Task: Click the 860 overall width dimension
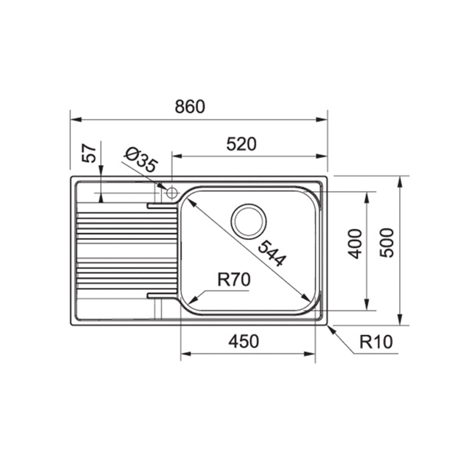pyautogui.click(x=190, y=106)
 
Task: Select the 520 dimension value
pyautogui.click(x=241, y=144)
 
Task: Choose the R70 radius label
pyautogui.click(x=234, y=280)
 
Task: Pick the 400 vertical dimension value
pyautogui.click(x=355, y=244)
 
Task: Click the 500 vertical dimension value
pyautogui.click(x=387, y=243)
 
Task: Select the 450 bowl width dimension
pyautogui.click(x=244, y=341)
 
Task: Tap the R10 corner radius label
pyautogui.click(x=376, y=342)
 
